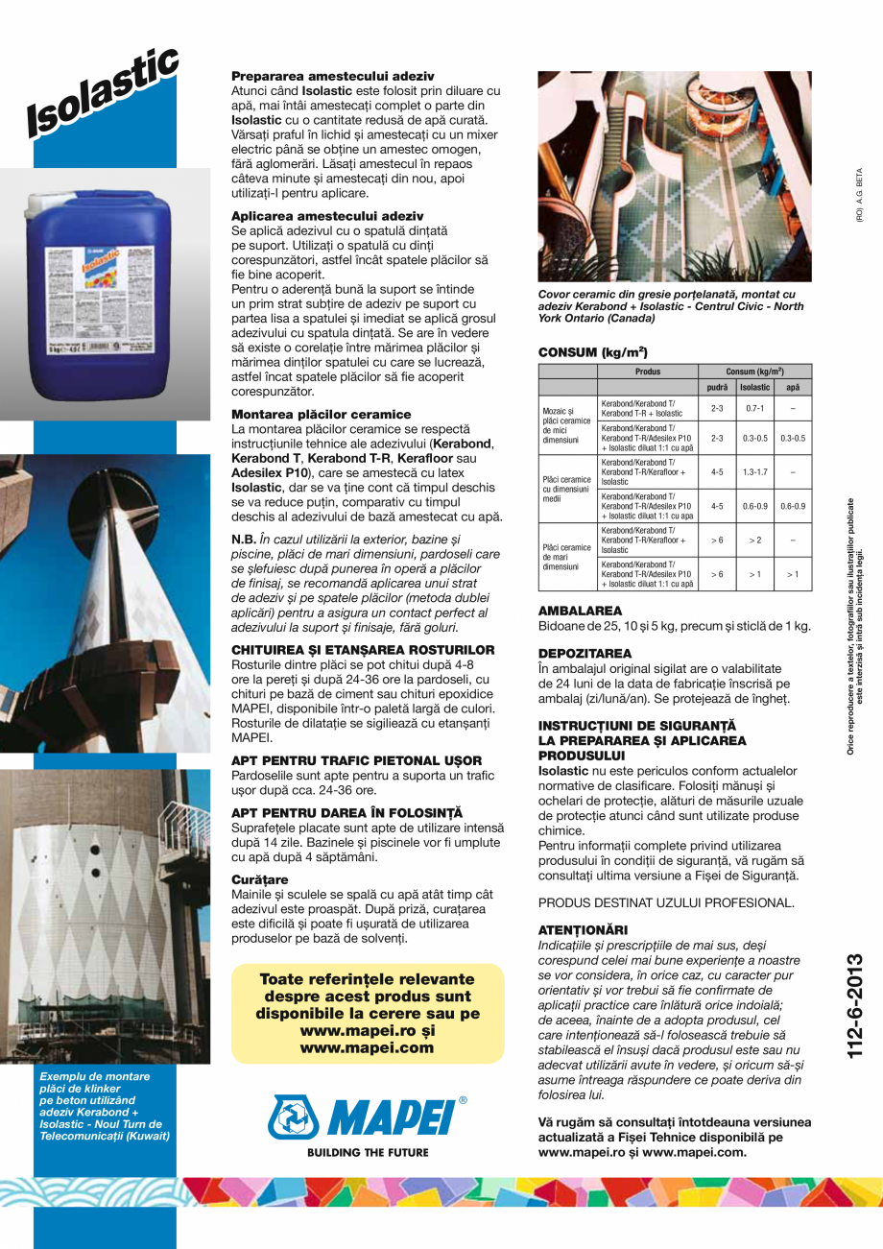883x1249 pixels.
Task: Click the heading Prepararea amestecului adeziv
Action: pyautogui.click(x=333, y=75)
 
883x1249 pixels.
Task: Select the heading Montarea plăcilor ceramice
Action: pyautogui.click(x=321, y=414)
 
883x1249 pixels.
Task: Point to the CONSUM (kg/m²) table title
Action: pyautogui.click(x=592, y=352)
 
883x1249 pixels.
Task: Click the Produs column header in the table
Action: pyautogui.click(x=648, y=372)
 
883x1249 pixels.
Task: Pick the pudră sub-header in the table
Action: pyautogui.click(x=717, y=387)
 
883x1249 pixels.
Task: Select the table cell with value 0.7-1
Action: pyautogui.click(x=754, y=408)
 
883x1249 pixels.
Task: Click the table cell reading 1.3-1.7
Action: pyautogui.click(x=754, y=471)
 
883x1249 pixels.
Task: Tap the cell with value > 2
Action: pyautogui.click(x=754, y=540)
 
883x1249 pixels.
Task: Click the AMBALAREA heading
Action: pyautogui.click(x=580, y=611)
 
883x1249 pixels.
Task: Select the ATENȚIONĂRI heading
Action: pyautogui.click(x=583, y=930)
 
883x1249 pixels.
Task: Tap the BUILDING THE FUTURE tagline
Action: pyautogui.click(x=368, y=1152)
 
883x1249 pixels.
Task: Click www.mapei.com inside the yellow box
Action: pyautogui.click(x=367, y=1048)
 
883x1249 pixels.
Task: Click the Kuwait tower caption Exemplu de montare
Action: pyautogui.click(x=104, y=1107)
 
